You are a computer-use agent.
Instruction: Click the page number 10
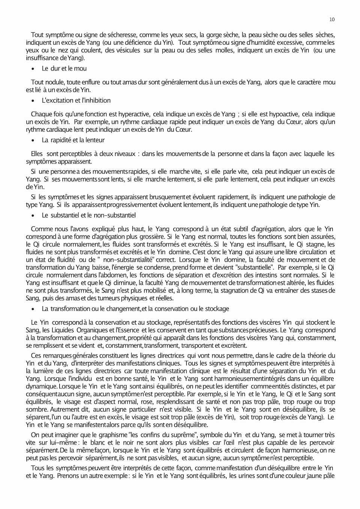click(332, 19)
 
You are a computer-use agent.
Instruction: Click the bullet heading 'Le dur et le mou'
click(64, 68)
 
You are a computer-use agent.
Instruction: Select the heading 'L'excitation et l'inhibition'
click(76, 100)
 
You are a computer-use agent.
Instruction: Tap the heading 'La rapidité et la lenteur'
click(73, 140)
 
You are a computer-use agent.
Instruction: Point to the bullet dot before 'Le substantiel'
click(33, 216)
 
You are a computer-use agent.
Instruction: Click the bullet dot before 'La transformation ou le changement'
click(33, 309)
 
